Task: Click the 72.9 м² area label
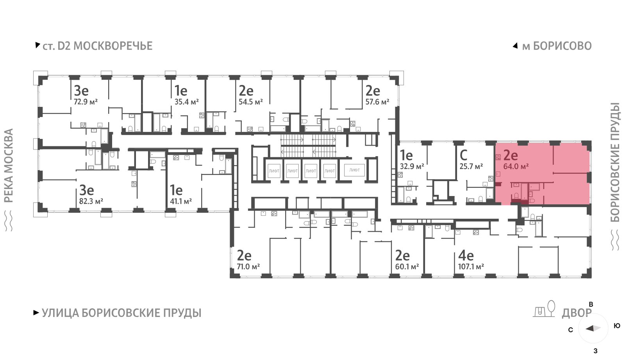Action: [x=86, y=102]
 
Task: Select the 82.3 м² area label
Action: [x=91, y=201]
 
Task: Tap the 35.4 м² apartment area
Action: [x=187, y=102]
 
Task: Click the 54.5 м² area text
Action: [x=251, y=102]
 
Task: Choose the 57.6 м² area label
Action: [x=377, y=102]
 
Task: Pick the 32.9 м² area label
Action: [x=412, y=167]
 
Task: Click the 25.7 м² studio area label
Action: [x=471, y=167]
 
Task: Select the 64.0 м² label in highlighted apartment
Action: [x=516, y=167]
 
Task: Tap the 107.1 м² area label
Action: [x=471, y=266]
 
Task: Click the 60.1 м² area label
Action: [x=407, y=266]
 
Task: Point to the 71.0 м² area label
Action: [x=248, y=266]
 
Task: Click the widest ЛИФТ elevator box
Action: [x=354, y=170]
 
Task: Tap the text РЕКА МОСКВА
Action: [x=9, y=166]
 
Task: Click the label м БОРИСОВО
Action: [x=557, y=46]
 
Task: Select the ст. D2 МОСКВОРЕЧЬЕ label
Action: [x=97, y=46]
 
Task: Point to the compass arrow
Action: [x=593, y=328]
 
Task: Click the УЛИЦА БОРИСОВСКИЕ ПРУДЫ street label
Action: [x=121, y=313]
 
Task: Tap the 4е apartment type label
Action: [x=466, y=255]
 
